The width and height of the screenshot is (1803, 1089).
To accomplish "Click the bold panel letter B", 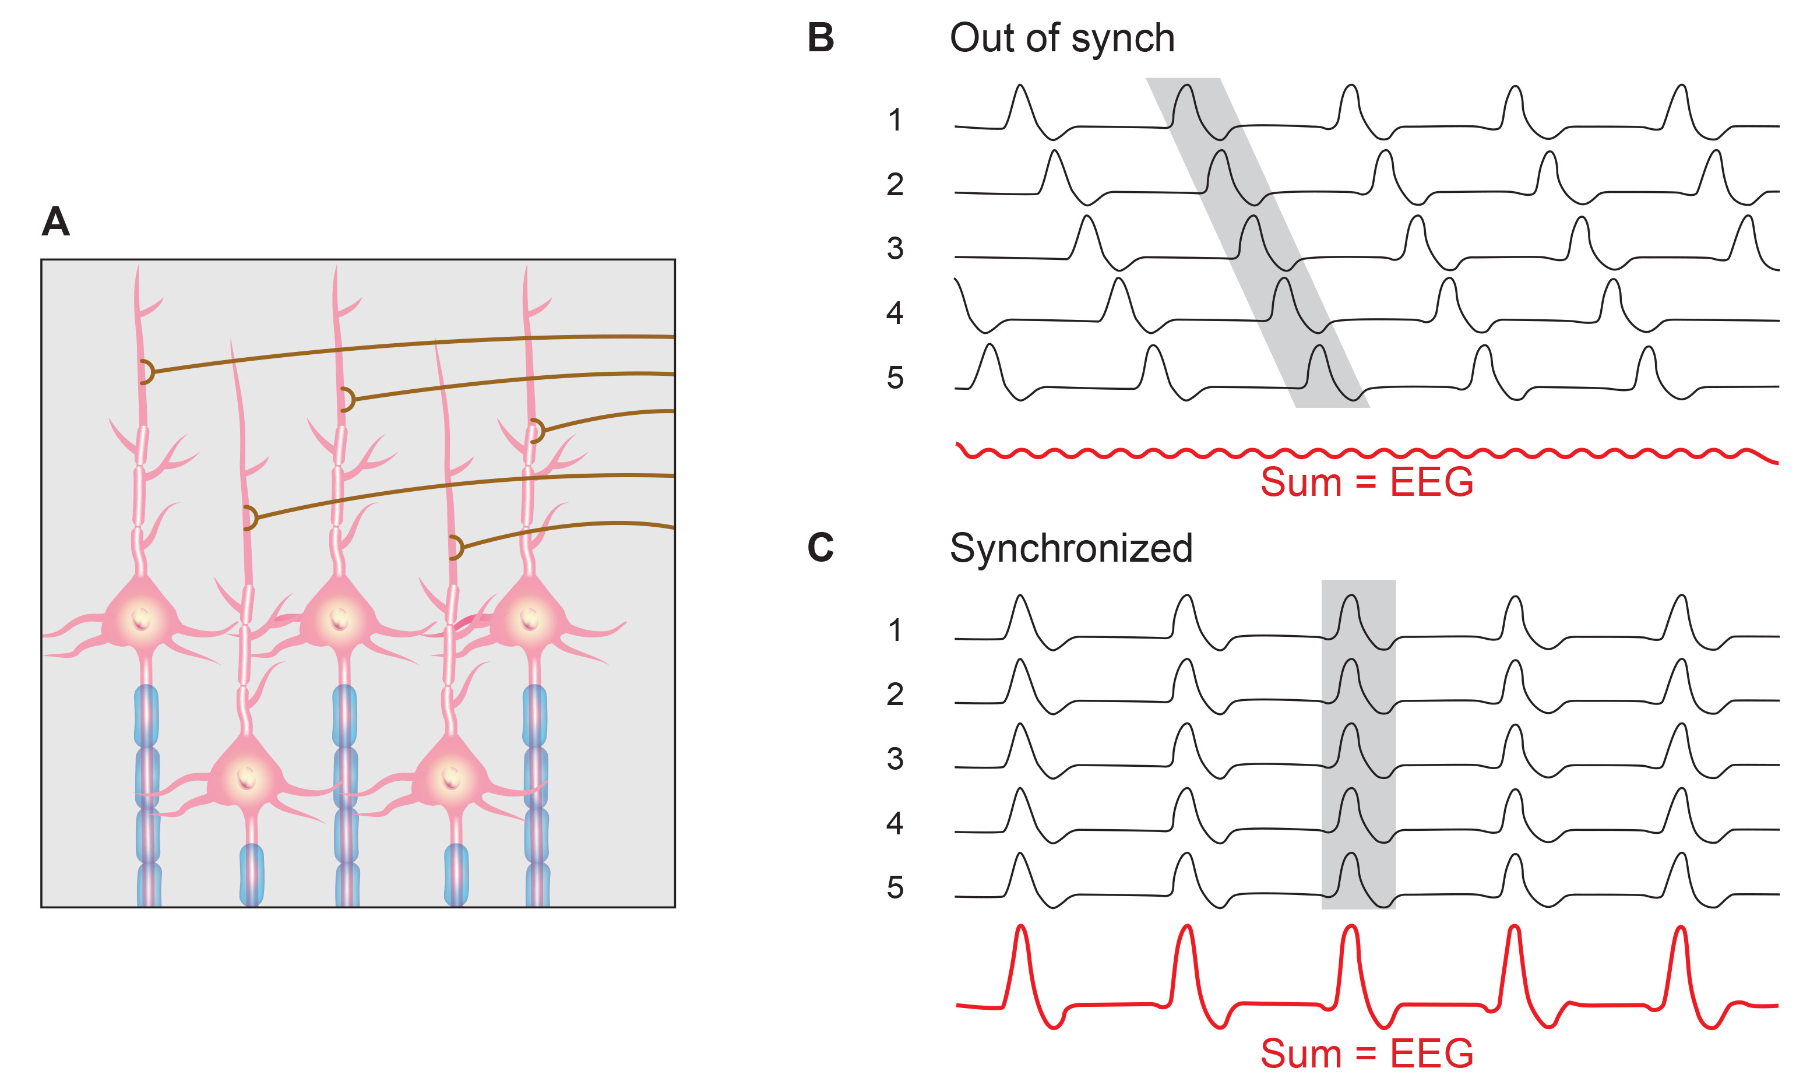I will point(820,37).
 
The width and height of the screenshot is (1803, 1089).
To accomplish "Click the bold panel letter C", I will point(820,548).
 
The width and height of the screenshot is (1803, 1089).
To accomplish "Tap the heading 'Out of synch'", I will point(1062,38).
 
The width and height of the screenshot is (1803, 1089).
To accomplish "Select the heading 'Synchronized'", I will point(1070,548).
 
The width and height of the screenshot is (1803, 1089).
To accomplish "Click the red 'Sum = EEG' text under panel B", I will point(1366,482).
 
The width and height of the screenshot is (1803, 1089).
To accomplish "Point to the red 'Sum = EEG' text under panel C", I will point(1366,1054).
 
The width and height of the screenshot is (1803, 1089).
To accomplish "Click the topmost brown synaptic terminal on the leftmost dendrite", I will point(146,372).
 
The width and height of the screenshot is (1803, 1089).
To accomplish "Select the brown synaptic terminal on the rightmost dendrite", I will point(537,431).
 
